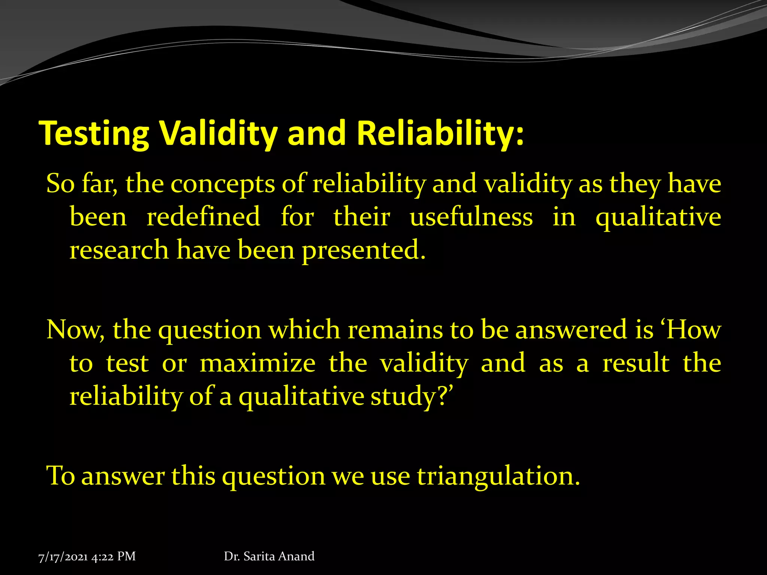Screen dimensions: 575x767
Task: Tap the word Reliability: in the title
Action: point(440,133)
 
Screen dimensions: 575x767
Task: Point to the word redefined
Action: point(203,217)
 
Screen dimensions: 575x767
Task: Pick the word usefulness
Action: point(471,217)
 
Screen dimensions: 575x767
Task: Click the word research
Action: point(119,250)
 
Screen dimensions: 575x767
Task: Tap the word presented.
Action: point(363,250)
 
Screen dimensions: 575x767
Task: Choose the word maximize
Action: point(258,363)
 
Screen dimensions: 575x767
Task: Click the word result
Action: point(636,363)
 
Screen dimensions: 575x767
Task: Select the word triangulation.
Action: point(498,476)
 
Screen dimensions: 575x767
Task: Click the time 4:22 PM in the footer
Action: point(113,557)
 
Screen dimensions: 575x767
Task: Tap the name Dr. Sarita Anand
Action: point(269,556)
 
